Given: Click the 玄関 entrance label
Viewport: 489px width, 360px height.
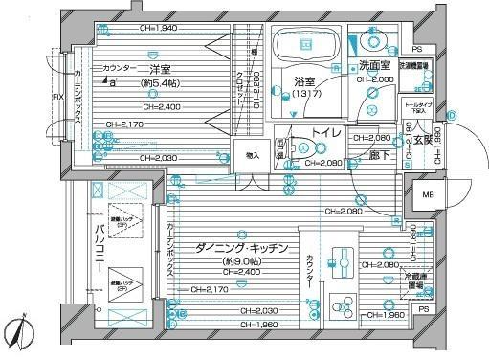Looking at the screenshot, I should coord(423,141).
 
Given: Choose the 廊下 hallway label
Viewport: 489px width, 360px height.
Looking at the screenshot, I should coord(381,153).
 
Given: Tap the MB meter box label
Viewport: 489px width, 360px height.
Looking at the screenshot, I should coord(427,197).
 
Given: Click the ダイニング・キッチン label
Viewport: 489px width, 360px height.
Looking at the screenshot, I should coord(242,247).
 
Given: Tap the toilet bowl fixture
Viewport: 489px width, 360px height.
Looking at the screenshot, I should coord(303,149).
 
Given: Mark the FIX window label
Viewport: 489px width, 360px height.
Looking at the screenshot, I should coord(55,97).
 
